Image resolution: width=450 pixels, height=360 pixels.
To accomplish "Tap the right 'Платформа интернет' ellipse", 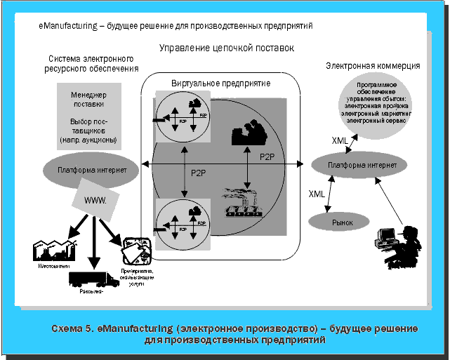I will click(358, 165).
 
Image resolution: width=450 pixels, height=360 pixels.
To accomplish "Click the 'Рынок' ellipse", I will click(342, 222).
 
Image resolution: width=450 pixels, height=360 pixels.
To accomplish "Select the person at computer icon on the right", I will click(398, 246).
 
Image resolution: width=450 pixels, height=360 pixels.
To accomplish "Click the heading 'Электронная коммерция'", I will click(373, 65).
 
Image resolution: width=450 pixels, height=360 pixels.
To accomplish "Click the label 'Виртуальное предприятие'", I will click(221, 83).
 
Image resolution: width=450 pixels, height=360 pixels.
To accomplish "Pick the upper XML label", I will click(340, 141).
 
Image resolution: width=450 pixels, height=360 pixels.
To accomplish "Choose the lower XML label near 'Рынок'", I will click(317, 192).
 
